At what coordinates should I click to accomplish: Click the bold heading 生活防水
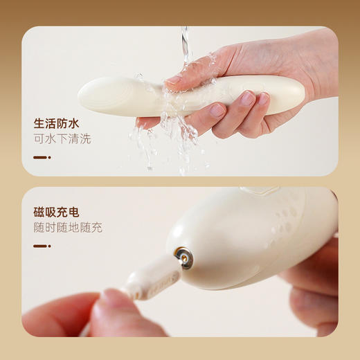click(56, 125)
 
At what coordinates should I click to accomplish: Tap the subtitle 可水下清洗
click(62, 139)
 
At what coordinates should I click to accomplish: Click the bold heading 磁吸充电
click(56, 213)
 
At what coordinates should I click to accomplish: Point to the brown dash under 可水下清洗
click(42, 158)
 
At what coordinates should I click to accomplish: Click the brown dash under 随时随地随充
click(42, 246)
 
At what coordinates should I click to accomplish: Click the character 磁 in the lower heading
click(39, 213)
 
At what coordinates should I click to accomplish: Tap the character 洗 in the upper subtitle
click(85, 139)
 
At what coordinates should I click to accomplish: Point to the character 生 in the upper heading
click(39, 125)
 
